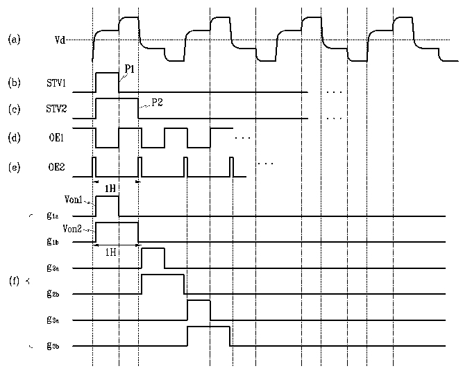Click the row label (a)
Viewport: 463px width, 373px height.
click(14, 40)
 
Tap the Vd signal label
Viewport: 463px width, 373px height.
click(60, 40)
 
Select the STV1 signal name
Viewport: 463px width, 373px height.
click(56, 83)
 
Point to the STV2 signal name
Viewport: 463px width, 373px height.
click(56, 109)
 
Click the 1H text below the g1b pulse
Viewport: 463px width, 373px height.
click(110, 252)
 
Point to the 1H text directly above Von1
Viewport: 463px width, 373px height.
click(110, 188)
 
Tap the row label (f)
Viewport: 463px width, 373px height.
click(14, 281)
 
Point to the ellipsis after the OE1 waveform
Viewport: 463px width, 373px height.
click(242, 138)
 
